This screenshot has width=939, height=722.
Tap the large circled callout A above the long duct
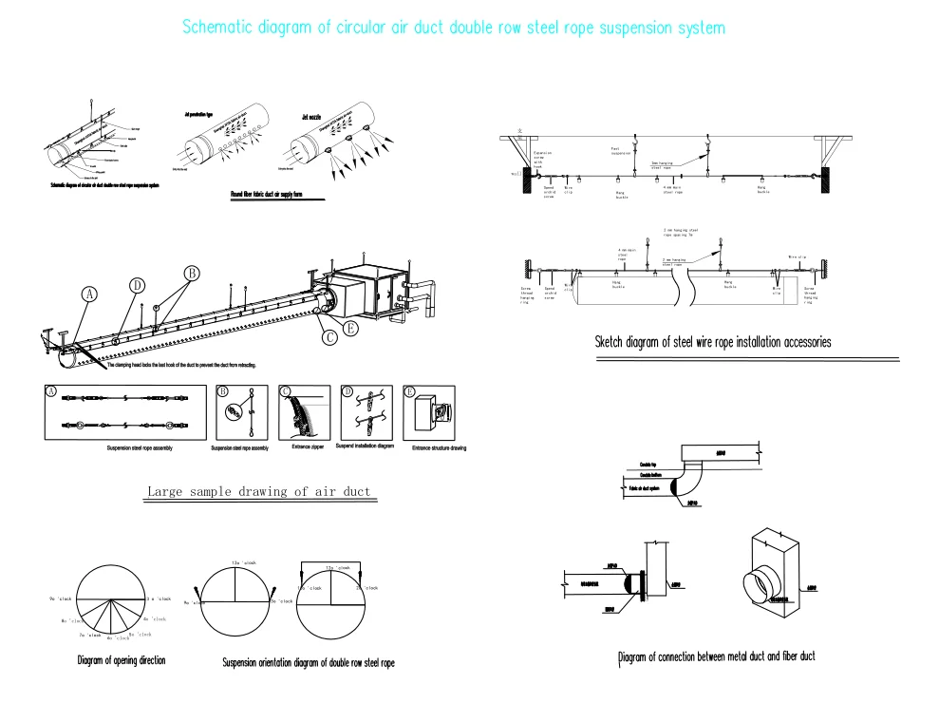pos(89,295)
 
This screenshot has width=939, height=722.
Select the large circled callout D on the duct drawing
pos(137,285)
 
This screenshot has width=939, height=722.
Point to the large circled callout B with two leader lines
pos(191,274)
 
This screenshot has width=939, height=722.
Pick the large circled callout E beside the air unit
pos(351,329)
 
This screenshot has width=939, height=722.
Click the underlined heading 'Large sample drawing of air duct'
pos(258,492)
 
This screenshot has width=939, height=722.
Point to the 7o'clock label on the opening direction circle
pos(90,635)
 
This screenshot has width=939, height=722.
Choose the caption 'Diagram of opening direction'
pos(122,661)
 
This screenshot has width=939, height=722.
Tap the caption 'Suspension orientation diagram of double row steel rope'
pos(308,663)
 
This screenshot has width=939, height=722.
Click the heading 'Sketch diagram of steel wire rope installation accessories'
pos(712,342)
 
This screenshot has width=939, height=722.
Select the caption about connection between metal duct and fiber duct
pos(716,656)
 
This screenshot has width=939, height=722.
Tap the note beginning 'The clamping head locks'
pos(181,365)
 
